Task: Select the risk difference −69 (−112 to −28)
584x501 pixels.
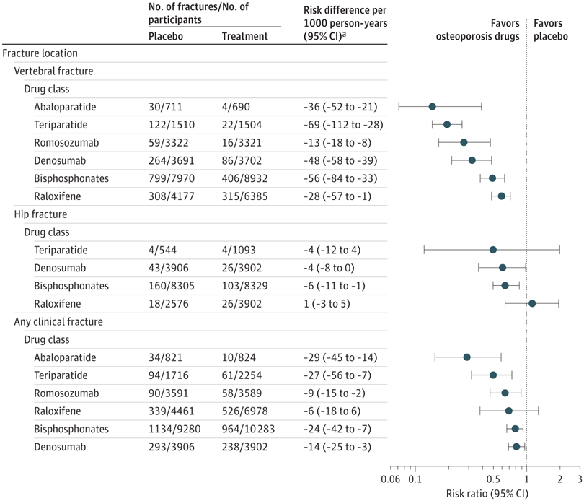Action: pyautogui.click(x=343, y=125)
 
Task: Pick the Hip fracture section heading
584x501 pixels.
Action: pyautogui.click(x=44, y=214)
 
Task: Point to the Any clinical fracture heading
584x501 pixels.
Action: pyautogui.click(x=60, y=321)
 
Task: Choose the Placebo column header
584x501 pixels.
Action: pyautogui.click(x=166, y=36)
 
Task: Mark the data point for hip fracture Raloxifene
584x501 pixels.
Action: pyautogui.click(x=532, y=303)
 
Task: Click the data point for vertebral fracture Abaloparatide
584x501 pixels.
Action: pyautogui.click(x=432, y=107)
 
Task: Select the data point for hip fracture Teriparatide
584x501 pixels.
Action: pyautogui.click(x=493, y=250)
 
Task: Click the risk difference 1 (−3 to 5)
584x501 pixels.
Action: pyautogui.click(x=327, y=303)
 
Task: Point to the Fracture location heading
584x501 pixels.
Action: pyautogui.click(x=40, y=53)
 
